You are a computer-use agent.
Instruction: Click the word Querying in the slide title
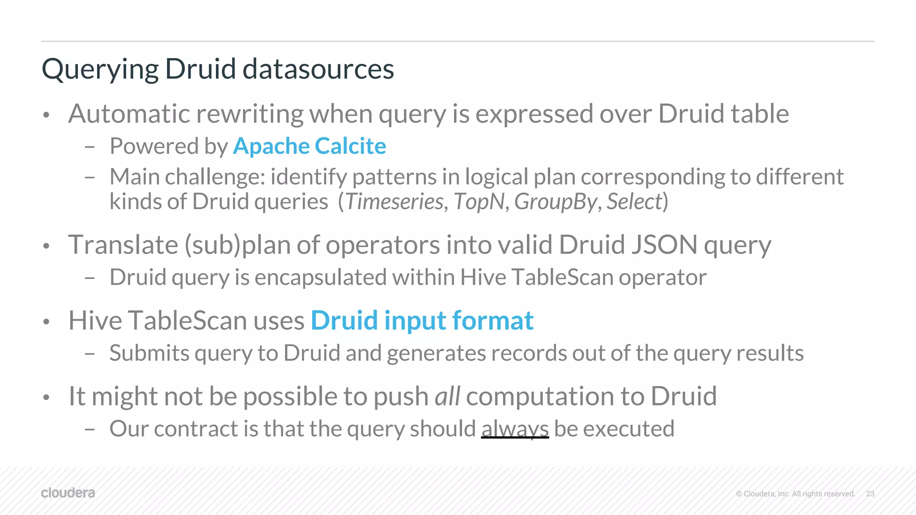tap(100, 70)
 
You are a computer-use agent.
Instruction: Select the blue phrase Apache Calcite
tap(309, 146)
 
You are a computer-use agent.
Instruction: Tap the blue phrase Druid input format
tap(422, 321)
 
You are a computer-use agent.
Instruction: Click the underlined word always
tap(515, 429)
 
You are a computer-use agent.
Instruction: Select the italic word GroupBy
tap(555, 202)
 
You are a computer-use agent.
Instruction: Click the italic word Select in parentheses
tap(634, 202)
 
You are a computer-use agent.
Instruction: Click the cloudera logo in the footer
tap(68, 493)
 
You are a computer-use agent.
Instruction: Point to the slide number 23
tap(870, 494)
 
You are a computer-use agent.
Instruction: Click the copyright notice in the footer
tap(795, 494)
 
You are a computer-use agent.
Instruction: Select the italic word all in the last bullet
tap(447, 396)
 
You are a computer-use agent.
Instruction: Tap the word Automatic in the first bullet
tap(129, 114)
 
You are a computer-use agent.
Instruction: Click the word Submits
tap(149, 353)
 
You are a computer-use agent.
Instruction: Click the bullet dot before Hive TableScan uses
tap(46, 322)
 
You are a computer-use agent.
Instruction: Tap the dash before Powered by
tap(89, 147)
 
